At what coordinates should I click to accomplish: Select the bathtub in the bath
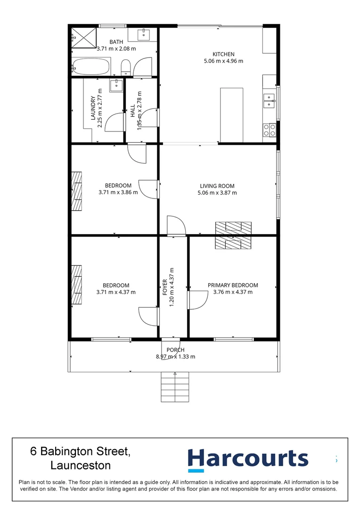click(91, 67)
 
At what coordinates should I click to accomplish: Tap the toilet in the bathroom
click(126, 68)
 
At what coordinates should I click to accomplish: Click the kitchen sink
click(270, 99)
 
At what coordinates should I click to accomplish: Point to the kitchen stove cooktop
click(270, 130)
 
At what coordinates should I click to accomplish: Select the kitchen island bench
click(231, 115)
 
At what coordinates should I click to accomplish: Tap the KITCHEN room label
click(223, 54)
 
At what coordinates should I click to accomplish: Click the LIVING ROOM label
click(217, 186)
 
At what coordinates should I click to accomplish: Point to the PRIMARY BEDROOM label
click(233, 285)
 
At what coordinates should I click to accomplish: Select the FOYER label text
click(165, 286)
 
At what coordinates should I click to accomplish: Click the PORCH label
click(175, 350)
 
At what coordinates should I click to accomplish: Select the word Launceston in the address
click(81, 466)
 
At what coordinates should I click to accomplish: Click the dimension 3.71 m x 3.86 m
click(118, 192)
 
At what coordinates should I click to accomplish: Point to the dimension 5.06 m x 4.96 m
click(223, 61)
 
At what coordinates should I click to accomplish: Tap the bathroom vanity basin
click(144, 34)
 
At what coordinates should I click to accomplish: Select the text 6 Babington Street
click(80, 451)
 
